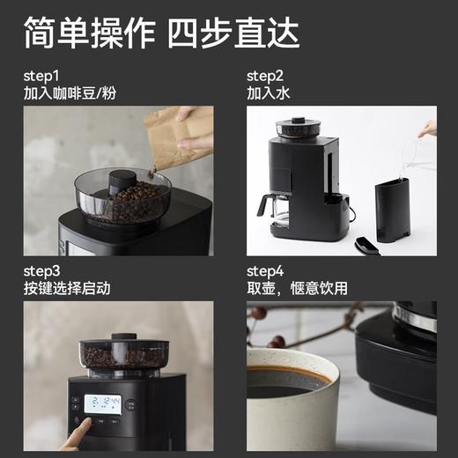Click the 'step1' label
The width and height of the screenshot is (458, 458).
tap(42, 75)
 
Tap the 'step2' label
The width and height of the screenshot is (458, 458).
tap(265, 75)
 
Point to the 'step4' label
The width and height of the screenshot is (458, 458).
tap(266, 270)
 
